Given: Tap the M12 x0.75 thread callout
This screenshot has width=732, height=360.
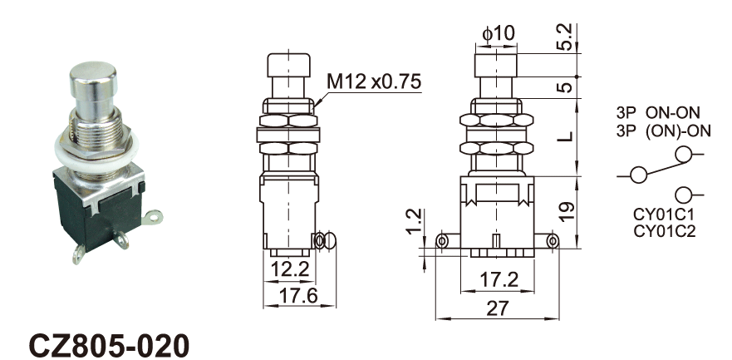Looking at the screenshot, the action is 374,81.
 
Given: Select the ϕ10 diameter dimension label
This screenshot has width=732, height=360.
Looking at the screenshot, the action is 499,33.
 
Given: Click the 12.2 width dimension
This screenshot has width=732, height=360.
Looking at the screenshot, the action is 290,269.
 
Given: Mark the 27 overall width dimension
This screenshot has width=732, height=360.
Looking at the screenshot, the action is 496,308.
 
